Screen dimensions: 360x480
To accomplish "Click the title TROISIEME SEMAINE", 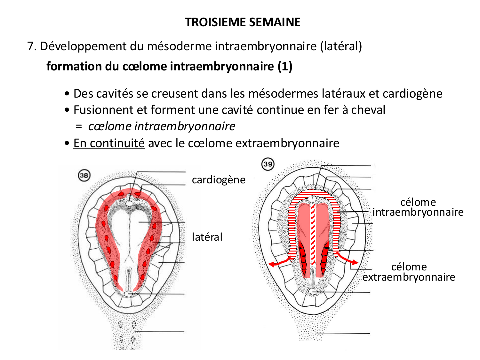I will pos(243,22).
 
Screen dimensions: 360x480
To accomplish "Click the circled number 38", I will pos(84,175).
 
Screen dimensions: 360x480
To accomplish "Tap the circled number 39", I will pos(268,164).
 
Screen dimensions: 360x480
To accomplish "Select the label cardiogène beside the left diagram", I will pos(219,180).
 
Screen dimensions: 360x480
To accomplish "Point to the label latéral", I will pos(207,237).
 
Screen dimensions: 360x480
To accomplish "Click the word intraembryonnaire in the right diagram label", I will pos(418,212).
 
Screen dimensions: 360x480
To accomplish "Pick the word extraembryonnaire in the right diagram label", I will pos(409,277).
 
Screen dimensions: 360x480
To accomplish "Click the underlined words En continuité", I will pos(109,143).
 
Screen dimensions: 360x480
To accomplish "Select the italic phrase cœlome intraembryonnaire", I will pos(162,126).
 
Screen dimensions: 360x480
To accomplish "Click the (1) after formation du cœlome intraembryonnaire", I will pos(285,66).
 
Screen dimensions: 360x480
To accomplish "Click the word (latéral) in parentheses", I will pos(341,46).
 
